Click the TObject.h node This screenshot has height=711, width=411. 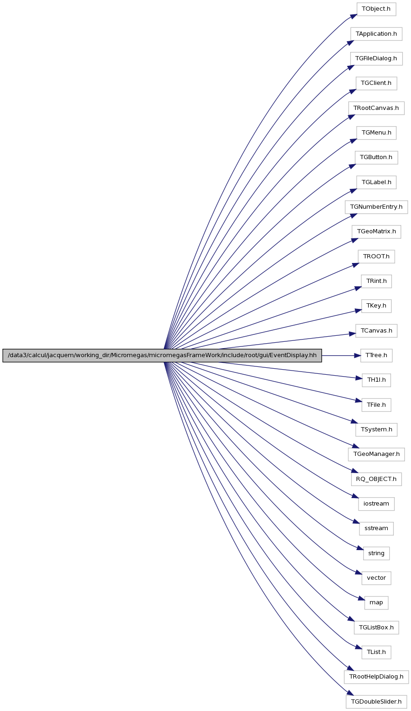tap(376, 9)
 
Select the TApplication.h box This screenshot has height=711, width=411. tap(376, 34)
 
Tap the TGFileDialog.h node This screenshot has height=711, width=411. tap(376, 58)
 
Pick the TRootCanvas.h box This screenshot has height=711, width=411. tap(376, 108)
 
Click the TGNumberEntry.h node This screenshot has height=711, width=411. tap(376, 207)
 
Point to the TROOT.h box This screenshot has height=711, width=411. tap(376, 256)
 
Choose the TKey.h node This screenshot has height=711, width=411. tap(376, 306)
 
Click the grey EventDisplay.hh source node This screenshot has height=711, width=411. tap(162, 355)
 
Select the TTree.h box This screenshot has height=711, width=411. tap(376, 355)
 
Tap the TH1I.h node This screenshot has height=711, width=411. tap(376, 380)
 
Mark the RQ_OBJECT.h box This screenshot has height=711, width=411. tap(376, 479)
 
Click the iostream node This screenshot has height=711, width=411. tap(376, 504)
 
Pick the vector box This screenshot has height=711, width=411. tap(376, 578)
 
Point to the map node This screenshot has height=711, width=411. tap(376, 603)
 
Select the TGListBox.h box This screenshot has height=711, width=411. tap(376, 628)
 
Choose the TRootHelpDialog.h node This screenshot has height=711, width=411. tap(376, 677)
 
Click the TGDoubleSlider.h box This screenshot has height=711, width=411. tap(376, 701)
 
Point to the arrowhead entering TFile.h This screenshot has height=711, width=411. tap(359, 402)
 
